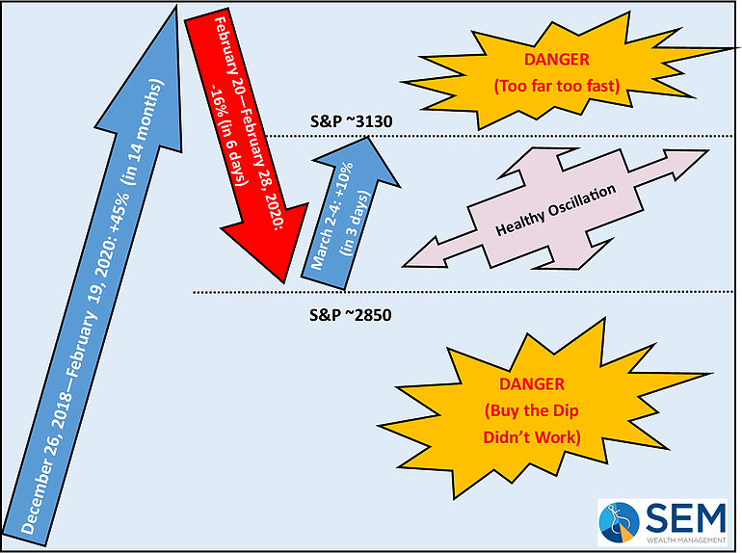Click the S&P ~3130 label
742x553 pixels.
pos(351,121)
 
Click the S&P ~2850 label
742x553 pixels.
pos(351,315)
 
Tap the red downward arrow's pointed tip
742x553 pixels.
pos(284,283)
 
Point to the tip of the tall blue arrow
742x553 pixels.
pos(176,6)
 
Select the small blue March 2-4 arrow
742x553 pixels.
pos(351,213)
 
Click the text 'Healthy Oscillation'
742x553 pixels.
pos(556,210)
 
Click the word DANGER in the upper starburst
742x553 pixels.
pos(557,60)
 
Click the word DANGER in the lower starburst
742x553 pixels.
pos(532,384)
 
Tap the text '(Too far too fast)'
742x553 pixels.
pos(557,86)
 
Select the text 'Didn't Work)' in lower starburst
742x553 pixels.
pos(532,437)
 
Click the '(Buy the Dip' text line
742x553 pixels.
pos(532,410)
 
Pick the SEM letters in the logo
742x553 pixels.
pos(686,517)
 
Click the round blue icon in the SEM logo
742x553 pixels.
pos(619,522)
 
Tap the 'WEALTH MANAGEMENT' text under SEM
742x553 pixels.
pos(686,540)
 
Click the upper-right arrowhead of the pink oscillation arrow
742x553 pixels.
pos(685,163)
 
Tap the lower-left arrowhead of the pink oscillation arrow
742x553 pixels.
pos(425,254)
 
